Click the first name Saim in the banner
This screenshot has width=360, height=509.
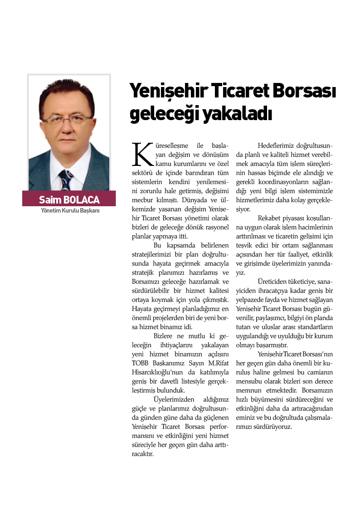coord(49,200)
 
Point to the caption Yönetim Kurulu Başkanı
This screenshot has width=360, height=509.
coord(70,211)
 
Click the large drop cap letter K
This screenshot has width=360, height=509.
coord(141,154)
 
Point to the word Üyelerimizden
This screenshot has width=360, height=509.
coord(174,399)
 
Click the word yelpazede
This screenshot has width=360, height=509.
coord(250,300)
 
